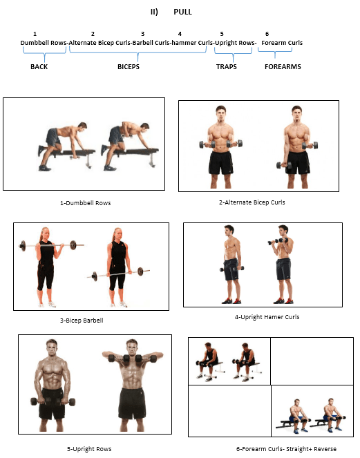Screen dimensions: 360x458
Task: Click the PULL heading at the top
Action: (182, 12)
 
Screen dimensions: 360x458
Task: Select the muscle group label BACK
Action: (39, 67)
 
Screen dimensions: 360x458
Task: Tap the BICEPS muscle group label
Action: (129, 67)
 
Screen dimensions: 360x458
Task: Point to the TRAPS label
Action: (226, 67)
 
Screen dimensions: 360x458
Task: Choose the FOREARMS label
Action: (283, 67)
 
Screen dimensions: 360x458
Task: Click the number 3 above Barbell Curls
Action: (142, 34)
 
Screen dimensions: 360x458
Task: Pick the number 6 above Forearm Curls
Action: (267, 34)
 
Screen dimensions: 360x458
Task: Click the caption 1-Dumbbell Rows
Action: (85, 203)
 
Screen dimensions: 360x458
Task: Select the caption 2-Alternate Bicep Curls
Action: (252, 202)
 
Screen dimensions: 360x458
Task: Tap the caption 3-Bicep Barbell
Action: (82, 321)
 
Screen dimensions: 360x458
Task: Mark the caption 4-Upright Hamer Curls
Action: (267, 317)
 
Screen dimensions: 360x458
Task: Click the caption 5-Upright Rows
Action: (89, 449)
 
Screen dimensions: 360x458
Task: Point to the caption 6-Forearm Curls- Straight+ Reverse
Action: (286, 449)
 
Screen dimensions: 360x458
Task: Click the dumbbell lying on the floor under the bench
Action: (74, 158)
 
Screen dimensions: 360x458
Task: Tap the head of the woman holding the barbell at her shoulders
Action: (45, 233)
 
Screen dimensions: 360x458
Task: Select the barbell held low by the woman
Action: (118, 274)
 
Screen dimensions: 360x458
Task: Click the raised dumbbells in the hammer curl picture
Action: (278, 242)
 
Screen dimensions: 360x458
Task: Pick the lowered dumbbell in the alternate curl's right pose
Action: (284, 165)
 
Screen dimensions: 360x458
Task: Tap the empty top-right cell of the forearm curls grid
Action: (312, 361)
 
